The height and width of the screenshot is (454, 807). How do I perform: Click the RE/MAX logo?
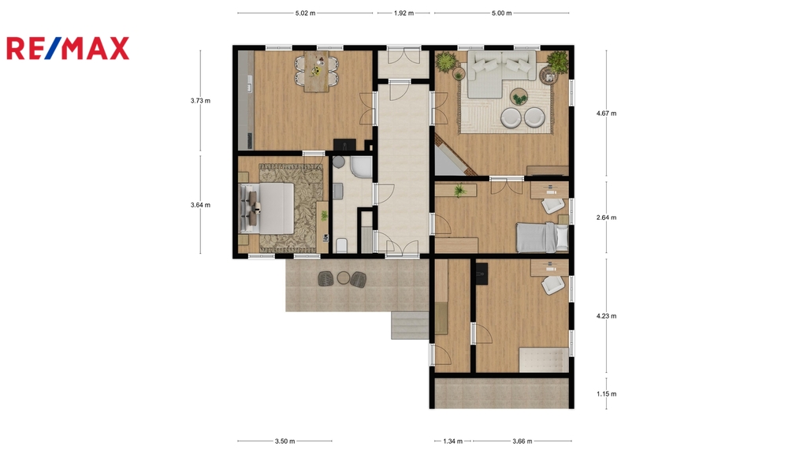68,48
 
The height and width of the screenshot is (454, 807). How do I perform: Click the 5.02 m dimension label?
305,13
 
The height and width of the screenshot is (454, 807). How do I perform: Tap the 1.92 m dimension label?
403,13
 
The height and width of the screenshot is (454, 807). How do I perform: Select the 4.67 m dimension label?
606,113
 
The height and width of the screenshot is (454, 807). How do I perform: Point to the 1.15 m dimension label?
606,394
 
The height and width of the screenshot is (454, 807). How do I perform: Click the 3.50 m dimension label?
284,441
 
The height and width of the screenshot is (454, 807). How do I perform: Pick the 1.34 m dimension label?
452,441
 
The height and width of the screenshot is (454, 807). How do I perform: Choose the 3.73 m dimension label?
200,100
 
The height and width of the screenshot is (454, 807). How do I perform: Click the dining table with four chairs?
317,71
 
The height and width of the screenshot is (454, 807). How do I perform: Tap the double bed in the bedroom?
268,208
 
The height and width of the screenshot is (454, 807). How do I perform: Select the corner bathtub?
361,167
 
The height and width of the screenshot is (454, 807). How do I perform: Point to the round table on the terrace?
344,278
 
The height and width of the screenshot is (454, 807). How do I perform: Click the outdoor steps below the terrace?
410,326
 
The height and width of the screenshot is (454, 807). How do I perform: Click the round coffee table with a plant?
519,97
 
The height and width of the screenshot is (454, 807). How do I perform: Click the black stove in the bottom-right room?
482,274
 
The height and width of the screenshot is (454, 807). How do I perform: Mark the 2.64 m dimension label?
606,218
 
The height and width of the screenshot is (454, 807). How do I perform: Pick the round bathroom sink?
338,162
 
